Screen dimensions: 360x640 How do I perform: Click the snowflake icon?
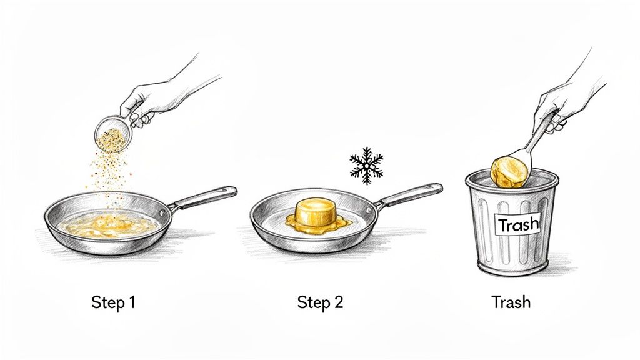click(366, 166)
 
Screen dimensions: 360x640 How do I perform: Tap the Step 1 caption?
click(113, 303)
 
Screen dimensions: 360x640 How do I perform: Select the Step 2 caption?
click(320, 303)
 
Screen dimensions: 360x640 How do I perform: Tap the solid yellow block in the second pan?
click(315, 212)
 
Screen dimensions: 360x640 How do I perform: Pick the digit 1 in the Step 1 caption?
click(131, 303)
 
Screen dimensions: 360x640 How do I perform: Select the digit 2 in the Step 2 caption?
click(338, 303)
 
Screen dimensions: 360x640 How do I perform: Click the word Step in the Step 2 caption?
click(312, 303)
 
